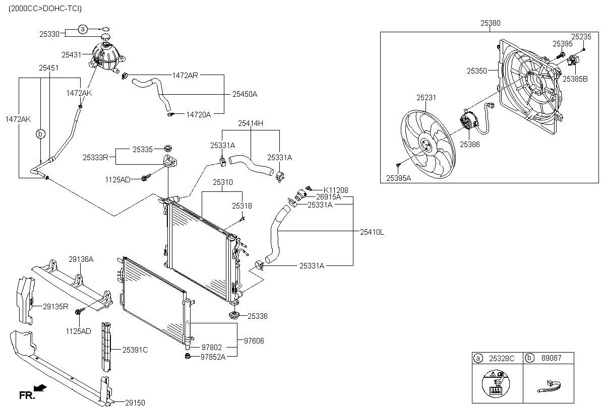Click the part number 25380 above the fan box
click(490, 23)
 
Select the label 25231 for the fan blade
click(426, 98)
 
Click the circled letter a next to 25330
click(83, 30)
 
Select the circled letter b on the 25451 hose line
click(41, 134)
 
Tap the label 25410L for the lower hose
click(372, 232)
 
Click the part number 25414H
click(251, 123)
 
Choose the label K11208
click(335, 190)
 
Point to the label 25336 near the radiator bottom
click(257, 316)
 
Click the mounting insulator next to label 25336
click(234, 315)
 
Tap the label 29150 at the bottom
click(135, 402)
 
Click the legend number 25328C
click(501, 358)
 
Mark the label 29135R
click(55, 306)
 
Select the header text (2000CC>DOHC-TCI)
click(45, 9)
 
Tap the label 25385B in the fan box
click(575, 79)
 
